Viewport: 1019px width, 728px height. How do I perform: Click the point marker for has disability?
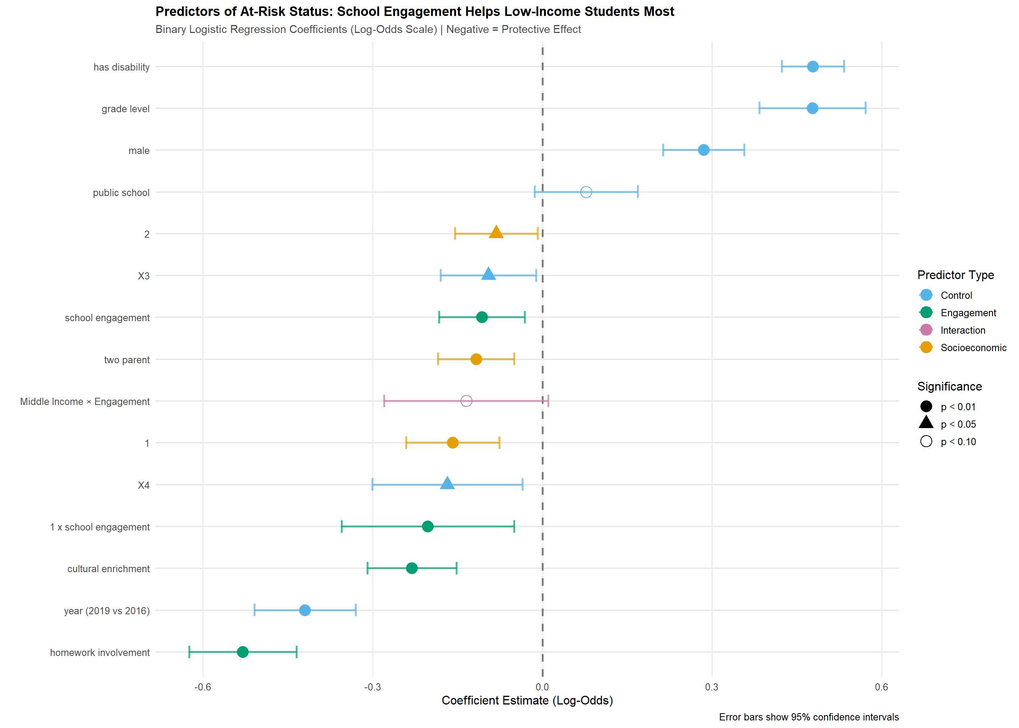pos(812,66)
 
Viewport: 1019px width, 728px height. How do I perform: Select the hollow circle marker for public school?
pos(586,192)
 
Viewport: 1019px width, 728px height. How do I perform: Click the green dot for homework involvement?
pos(242,652)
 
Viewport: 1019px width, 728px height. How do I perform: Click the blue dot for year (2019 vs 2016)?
pos(305,610)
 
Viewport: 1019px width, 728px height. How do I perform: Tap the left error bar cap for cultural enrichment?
pos(367,568)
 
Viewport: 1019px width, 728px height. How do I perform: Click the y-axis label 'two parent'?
pos(127,359)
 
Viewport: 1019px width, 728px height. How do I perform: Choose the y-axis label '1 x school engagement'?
pos(99,527)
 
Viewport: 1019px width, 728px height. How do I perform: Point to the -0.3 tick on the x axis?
pos(372,687)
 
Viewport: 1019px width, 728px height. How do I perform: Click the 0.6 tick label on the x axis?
pos(881,687)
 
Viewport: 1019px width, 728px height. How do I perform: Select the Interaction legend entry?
pos(962,330)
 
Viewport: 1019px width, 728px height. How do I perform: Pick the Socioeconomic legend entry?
pos(972,347)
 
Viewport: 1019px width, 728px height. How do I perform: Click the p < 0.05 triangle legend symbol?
pos(926,423)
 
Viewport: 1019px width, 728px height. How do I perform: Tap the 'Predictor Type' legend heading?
pos(955,275)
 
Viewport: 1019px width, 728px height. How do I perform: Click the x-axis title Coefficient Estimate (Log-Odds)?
pos(527,700)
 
